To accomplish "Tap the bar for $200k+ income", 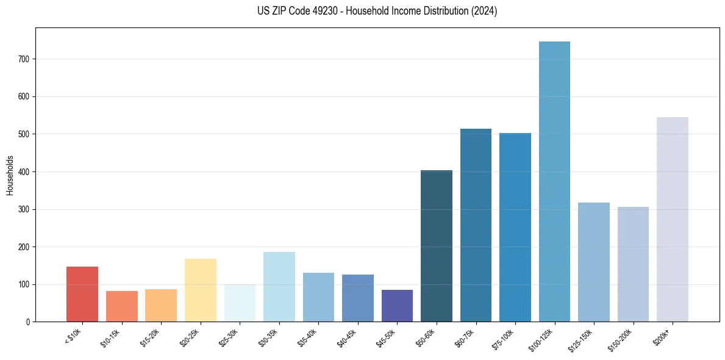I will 672,220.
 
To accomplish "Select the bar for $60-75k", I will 476,225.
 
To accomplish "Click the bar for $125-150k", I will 593,262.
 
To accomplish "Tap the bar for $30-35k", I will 279,287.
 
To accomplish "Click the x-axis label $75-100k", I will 504,338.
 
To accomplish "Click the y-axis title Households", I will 10,175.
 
